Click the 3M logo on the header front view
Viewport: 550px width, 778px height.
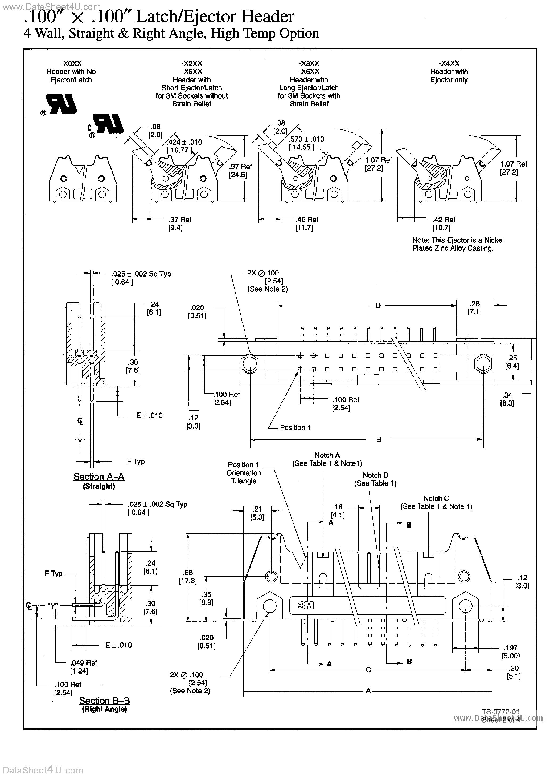[306, 606]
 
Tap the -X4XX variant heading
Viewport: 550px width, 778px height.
[449, 63]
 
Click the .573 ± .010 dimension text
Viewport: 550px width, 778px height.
[306, 139]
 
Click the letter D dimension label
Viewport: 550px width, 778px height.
[378, 306]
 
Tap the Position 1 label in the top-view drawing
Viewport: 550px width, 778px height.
[295, 428]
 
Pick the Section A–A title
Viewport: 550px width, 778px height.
[99, 476]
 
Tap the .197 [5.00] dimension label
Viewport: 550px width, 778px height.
[511, 652]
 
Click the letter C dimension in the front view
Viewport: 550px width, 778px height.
[368, 670]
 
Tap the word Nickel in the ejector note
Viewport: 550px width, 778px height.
[494, 240]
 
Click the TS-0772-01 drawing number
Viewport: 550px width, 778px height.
[500, 712]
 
